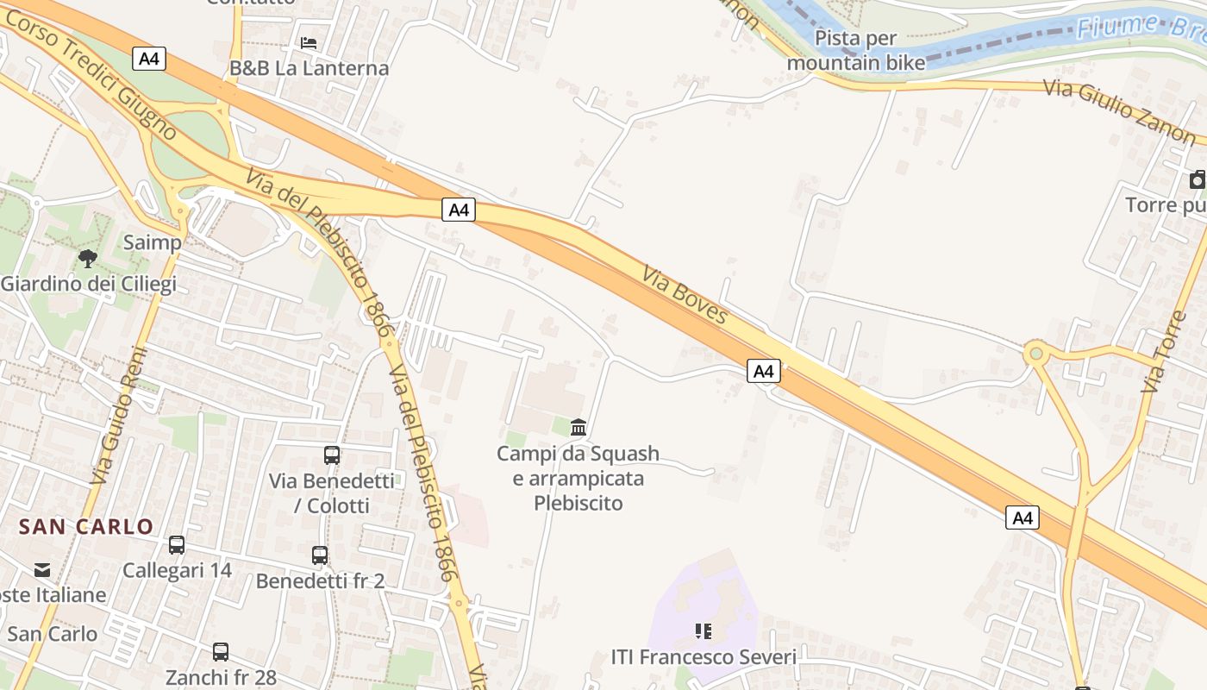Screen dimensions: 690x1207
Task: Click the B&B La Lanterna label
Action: click(x=309, y=67)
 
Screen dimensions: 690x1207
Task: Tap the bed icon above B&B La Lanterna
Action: click(x=309, y=42)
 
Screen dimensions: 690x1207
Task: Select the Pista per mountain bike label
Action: click(x=856, y=50)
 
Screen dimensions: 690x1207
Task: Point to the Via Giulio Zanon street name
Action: click(x=1119, y=112)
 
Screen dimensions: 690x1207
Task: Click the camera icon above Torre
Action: click(x=1198, y=179)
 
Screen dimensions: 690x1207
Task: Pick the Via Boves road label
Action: click(x=685, y=295)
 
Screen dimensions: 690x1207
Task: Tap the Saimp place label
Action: click(x=153, y=242)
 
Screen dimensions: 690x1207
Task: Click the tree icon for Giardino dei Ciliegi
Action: click(x=87, y=258)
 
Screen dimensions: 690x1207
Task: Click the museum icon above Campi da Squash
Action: click(x=578, y=427)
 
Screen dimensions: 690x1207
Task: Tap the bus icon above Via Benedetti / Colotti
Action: click(x=332, y=455)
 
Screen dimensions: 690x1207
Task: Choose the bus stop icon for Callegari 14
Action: click(x=177, y=544)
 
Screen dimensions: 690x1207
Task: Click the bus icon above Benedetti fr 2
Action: click(x=320, y=555)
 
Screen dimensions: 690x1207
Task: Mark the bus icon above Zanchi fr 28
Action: click(x=221, y=651)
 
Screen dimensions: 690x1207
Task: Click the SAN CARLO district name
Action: click(x=86, y=526)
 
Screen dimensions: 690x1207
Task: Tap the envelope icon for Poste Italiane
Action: click(x=41, y=569)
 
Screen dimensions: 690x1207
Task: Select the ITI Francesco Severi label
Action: click(x=704, y=657)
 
